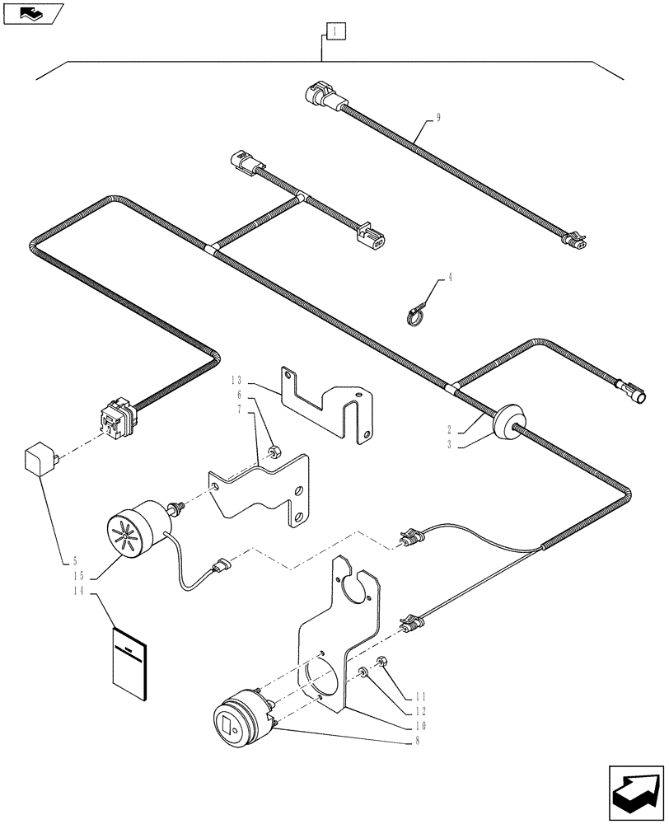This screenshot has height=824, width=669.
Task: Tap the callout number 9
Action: (438, 118)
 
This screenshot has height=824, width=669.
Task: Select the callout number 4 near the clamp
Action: (450, 280)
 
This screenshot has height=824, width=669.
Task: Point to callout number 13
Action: (237, 381)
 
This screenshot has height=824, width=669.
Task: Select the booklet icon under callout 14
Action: (129, 654)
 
